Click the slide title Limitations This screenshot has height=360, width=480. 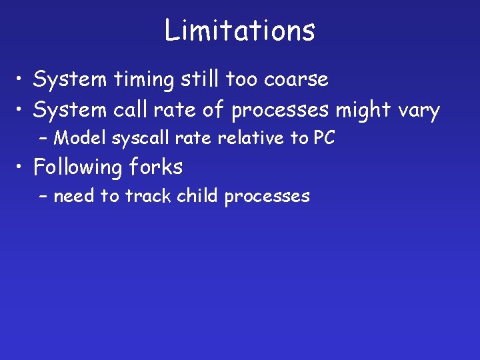pos(240,31)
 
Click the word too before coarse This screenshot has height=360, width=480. pos(243,79)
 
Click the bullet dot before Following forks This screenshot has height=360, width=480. pos(22,167)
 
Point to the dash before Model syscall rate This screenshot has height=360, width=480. pos(44,139)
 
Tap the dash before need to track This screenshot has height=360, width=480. pos(44,197)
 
